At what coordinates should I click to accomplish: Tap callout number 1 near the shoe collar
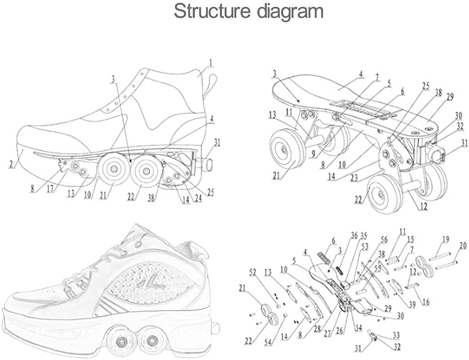[210, 63]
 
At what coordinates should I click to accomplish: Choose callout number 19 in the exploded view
[445, 238]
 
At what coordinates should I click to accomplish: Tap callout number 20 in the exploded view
[462, 245]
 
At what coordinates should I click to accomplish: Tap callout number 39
[411, 305]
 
